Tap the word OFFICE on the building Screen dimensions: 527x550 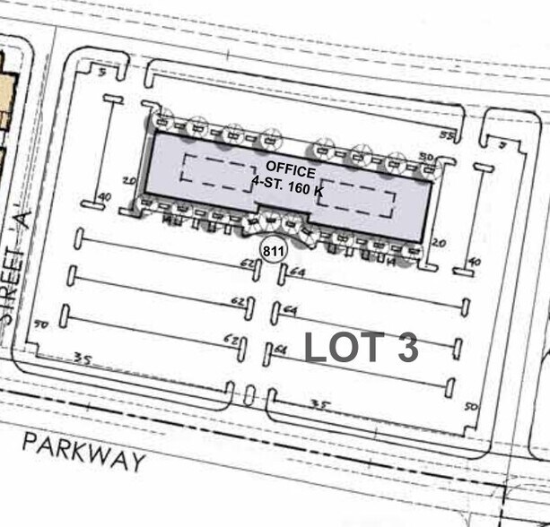(290, 170)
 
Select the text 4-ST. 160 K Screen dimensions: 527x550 (290, 186)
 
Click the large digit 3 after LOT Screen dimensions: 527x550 (406, 348)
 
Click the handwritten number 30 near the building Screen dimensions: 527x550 (426, 158)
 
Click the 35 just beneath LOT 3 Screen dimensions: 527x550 (320, 405)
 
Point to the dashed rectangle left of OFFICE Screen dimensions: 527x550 (215, 169)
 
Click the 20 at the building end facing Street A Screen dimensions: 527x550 (129, 181)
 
